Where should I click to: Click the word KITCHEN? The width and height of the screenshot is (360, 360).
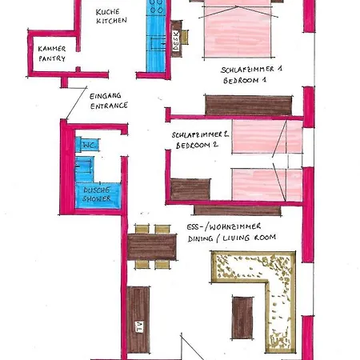point(111,20)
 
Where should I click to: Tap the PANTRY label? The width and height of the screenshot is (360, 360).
point(52,58)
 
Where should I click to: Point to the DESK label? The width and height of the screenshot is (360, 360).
point(176,41)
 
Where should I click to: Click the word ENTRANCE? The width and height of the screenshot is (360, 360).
point(109,106)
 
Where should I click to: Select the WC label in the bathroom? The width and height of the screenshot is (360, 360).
point(90,146)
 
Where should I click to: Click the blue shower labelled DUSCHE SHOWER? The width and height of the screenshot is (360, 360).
point(98,195)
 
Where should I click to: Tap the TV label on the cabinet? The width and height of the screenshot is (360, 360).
point(139,326)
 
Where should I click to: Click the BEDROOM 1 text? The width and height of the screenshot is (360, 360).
point(245,80)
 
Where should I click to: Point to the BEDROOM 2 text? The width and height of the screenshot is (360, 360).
point(197,146)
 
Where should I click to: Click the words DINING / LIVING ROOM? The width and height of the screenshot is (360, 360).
point(232,238)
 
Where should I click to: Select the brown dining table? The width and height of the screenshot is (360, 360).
point(152,247)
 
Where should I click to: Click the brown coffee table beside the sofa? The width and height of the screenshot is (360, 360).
point(242,318)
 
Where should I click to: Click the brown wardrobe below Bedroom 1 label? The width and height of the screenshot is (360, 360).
point(248,106)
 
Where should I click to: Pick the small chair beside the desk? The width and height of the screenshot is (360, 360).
point(185,38)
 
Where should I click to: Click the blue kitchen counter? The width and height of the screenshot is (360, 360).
point(156,36)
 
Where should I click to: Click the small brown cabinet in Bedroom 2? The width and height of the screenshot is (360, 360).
point(190,190)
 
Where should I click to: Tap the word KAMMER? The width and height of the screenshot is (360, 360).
point(52,49)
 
